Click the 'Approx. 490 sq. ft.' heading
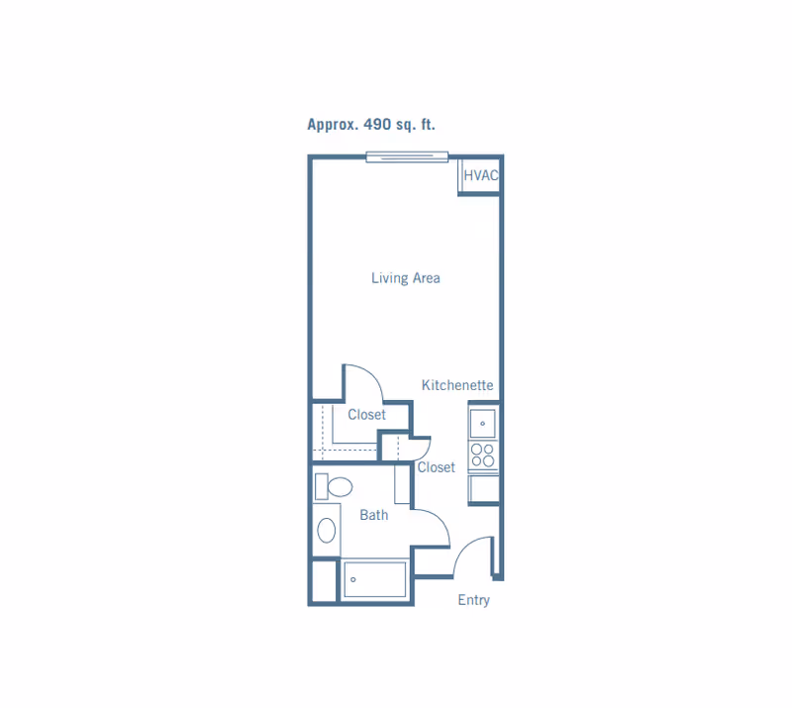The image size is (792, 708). [x=371, y=125]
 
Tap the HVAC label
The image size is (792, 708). [x=481, y=175]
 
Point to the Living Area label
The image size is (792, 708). [x=406, y=278]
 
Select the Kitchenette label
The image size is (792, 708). [x=457, y=385]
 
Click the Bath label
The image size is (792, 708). [x=374, y=515]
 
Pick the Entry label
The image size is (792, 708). [x=474, y=600]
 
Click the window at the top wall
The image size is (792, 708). [x=407, y=157]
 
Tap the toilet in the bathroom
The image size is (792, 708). [x=334, y=486]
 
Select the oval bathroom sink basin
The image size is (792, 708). [x=327, y=531]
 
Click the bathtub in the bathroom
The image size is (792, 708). [x=375, y=579]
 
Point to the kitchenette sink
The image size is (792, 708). [x=483, y=423]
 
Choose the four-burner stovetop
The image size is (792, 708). [x=483, y=455]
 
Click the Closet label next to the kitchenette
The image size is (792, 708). [x=436, y=467]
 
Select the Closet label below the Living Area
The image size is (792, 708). [x=366, y=415]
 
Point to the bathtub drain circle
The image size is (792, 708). [x=353, y=579]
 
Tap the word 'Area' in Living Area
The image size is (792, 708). [x=427, y=278]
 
